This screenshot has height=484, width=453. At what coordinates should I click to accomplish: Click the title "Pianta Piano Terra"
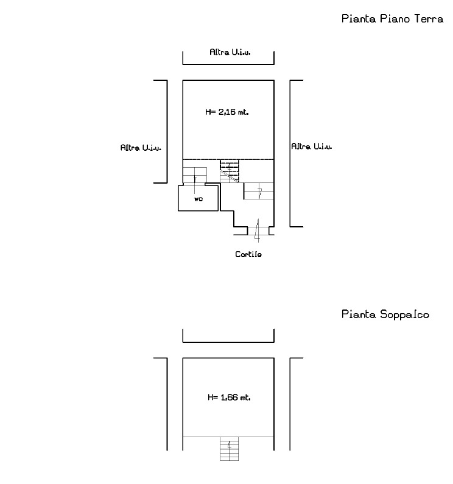click(x=393, y=19)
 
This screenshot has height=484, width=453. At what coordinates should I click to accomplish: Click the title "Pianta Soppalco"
click(x=385, y=314)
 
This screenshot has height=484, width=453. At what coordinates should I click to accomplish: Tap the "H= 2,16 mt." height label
click(x=227, y=112)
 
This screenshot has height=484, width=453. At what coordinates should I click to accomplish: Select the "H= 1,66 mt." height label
click(x=229, y=397)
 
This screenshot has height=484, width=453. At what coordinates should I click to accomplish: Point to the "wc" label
click(x=198, y=199)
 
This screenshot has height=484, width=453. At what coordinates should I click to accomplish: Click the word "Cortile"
click(x=248, y=254)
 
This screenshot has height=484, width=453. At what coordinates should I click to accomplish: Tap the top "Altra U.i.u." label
click(x=230, y=52)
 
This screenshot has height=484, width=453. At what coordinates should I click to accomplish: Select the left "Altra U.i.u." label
click(x=141, y=148)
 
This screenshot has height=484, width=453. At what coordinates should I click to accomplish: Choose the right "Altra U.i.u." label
click(x=312, y=147)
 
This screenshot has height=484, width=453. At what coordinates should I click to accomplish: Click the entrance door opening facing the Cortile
click(x=258, y=231)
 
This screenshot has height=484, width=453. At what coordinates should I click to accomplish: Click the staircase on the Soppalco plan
click(x=230, y=449)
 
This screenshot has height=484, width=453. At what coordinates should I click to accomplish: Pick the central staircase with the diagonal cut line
click(x=230, y=171)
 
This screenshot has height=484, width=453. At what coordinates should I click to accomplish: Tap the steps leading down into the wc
click(x=195, y=176)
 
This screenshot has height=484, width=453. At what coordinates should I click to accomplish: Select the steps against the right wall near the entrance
click(x=259, y=191)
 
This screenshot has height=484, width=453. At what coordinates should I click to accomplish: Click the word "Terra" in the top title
click(x=429, y=19)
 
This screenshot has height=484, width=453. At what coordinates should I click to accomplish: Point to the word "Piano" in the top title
click(x=395, y=19)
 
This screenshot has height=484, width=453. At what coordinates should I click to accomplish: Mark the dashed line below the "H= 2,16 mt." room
click(x=228, y=159)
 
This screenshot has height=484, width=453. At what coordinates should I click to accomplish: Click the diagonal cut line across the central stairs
click(x=230, y=175)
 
